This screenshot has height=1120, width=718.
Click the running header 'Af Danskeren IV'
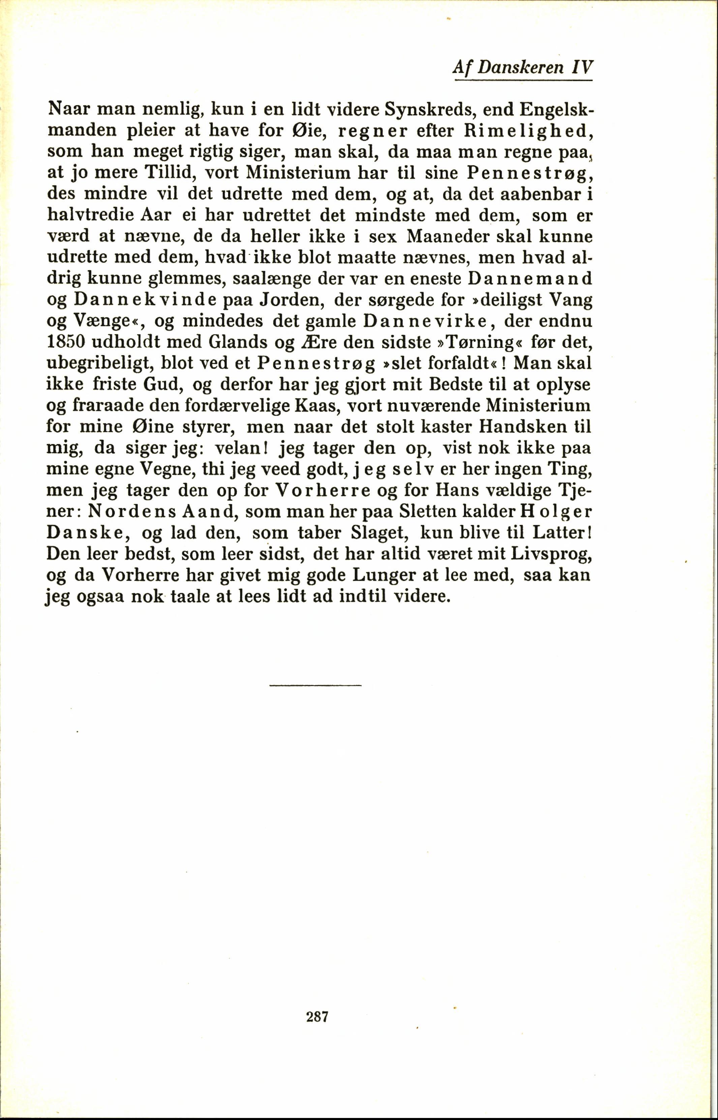click(522, 68)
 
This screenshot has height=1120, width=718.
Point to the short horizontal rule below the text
click(315, 685)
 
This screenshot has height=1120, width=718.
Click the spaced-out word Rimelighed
click(527, 131)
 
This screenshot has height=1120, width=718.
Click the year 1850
click(66, 343)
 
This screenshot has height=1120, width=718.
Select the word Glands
click(238, 343)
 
